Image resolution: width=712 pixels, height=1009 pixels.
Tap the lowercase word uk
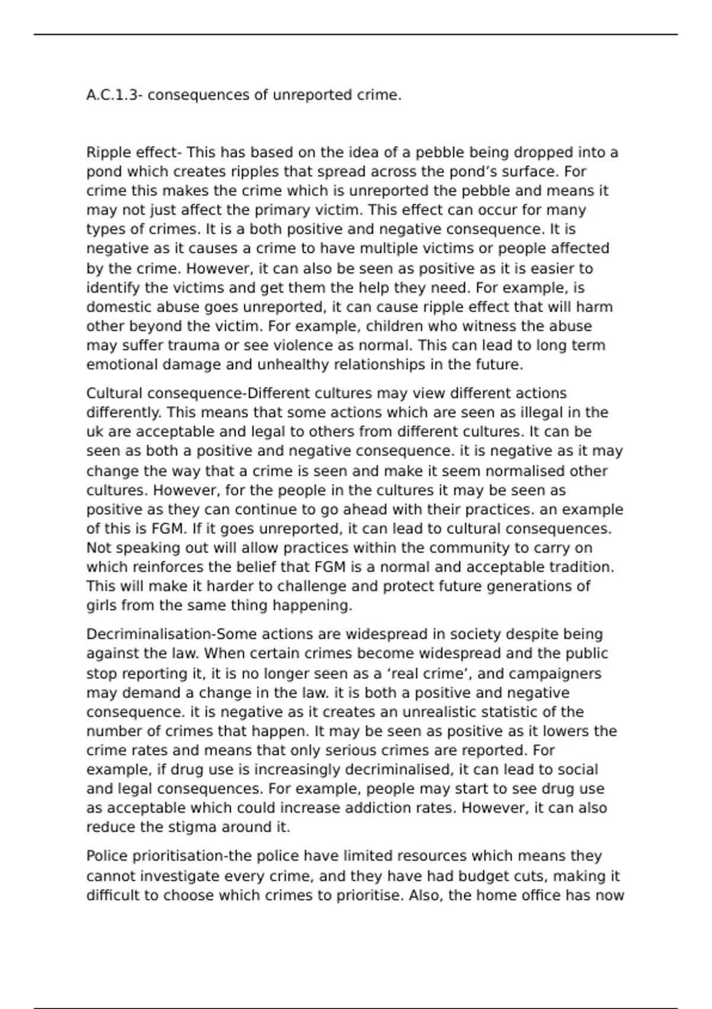95,431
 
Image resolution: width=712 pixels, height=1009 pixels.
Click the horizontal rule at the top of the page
356,34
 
